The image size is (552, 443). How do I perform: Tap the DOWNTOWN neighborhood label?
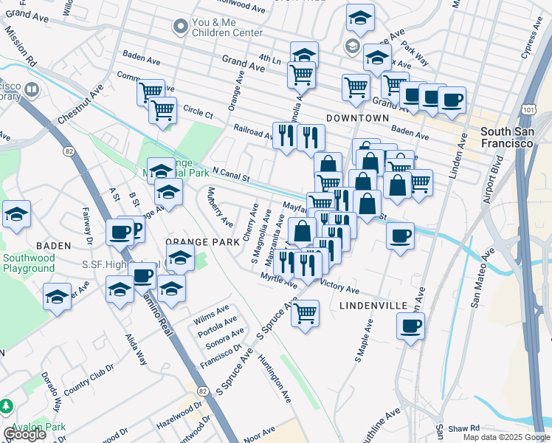point(357,118)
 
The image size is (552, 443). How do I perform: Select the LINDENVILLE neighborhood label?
point(373,305)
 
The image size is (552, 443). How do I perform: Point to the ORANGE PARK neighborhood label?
point(202,242)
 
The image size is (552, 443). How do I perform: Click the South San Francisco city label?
point(506,137)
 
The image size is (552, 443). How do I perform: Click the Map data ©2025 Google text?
point(506,437)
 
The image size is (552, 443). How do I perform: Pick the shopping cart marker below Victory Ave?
point(305,314)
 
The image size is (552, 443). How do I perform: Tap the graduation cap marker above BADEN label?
point(16,215)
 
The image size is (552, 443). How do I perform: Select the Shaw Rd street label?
point(463,427)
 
